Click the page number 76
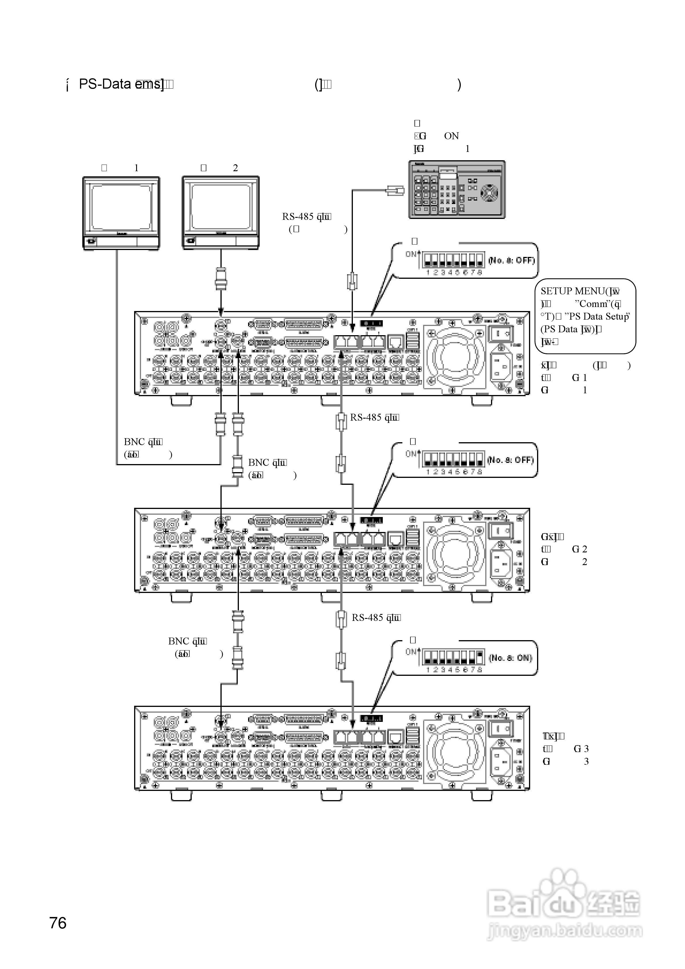[x=58, y=923]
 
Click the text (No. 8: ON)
[x=511, y=658]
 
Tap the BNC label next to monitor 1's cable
[x=134, y=442]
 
